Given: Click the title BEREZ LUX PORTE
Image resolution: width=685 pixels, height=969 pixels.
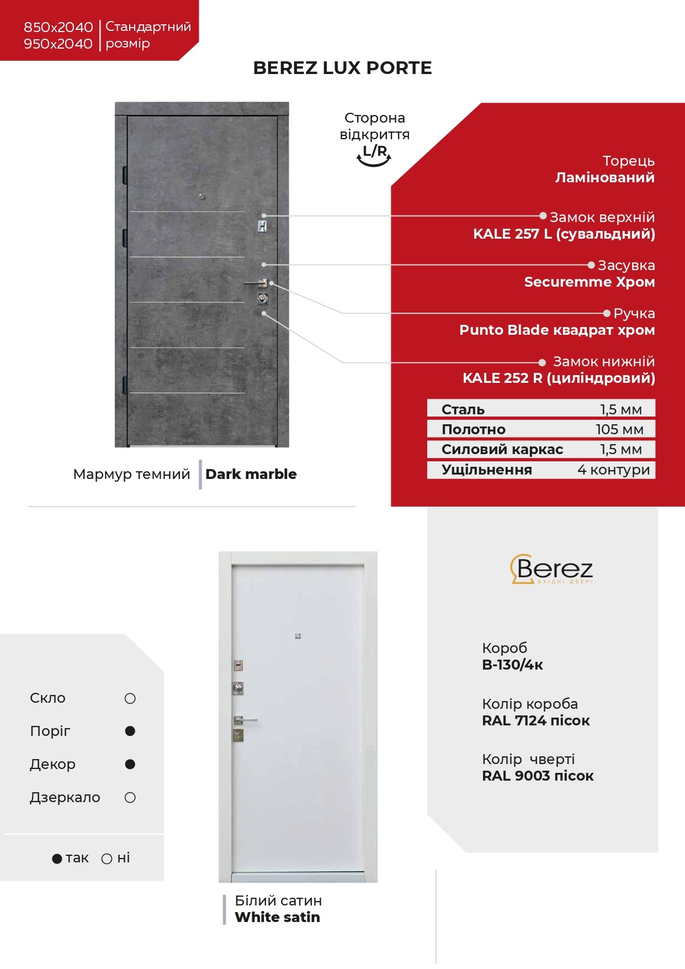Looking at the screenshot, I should (342, 68).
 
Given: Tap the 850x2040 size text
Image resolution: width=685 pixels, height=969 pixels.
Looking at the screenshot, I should (58, 27).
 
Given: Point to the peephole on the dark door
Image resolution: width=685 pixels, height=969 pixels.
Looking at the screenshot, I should (202, 197).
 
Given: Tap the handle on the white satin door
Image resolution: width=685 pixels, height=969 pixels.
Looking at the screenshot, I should (245, 720).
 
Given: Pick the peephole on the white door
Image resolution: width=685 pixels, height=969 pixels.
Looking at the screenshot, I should (298, 636).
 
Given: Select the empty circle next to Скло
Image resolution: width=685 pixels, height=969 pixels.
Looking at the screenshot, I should (130, 698).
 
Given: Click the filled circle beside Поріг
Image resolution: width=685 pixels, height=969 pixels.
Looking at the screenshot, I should (130, 731).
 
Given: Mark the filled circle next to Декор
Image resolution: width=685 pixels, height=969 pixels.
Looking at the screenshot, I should (130, 764).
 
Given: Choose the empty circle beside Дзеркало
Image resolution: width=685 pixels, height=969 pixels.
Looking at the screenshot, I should (130, 797).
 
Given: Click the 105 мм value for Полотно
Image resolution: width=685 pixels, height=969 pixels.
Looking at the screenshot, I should (619, 429).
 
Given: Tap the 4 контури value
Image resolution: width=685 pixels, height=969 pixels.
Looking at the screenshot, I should (613, 470).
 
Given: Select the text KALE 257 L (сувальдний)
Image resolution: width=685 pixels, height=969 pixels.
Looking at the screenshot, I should (564, 234).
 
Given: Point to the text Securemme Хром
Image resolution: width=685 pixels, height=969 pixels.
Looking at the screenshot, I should (589, 282).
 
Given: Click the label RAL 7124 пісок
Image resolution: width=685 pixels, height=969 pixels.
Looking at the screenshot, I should (535, 720).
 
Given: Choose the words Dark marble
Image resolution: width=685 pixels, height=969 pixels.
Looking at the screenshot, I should (251, 474).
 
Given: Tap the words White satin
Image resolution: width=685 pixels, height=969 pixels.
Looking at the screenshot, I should (277, 917).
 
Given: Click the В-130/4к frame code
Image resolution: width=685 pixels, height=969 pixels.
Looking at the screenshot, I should (512, 665).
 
